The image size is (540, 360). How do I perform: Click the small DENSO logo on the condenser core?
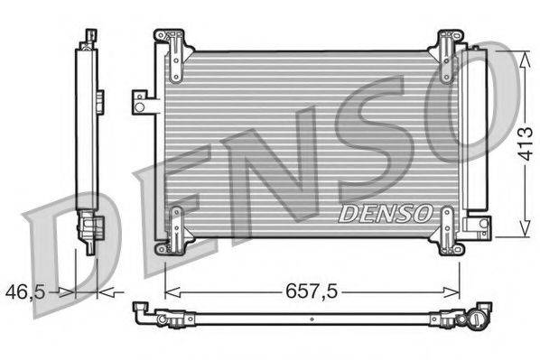point(385,214)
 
